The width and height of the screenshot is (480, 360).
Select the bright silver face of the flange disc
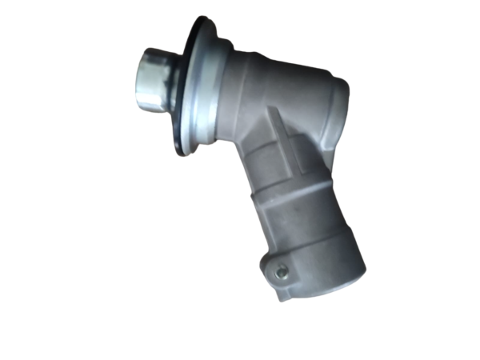(x=196, y=88)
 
